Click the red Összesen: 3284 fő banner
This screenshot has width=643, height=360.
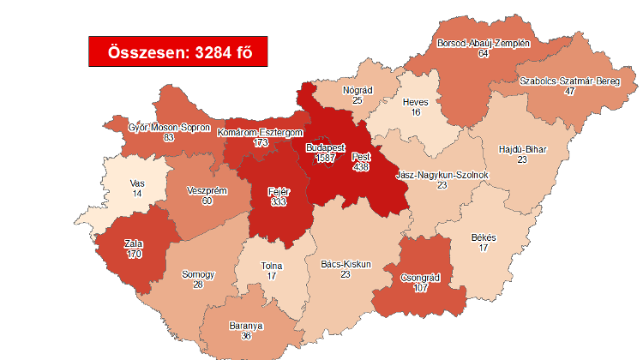pos(177,51)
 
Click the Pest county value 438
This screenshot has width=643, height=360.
pos(362,168)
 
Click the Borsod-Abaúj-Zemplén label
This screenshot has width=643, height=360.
pos(484,43)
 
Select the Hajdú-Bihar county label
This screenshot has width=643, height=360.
pos(522,149)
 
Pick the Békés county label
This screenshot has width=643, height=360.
pos(484,237)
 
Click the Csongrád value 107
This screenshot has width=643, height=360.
pos(420,288)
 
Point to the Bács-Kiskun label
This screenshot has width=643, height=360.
pos(346,264)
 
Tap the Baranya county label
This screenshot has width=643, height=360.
pos(246,326)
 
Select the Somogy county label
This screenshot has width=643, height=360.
pos(198,275)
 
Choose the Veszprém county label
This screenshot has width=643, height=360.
pos(207,190)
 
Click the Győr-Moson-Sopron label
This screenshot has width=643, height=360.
pos(157,127)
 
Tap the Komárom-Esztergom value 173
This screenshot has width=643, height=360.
pos(261,142)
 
